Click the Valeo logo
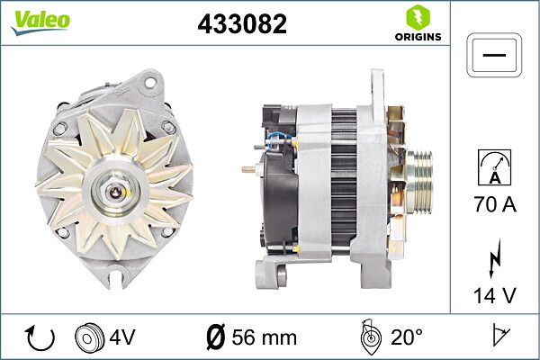pos(40,22)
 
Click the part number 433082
pos(242,23)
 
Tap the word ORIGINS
pos(418,37)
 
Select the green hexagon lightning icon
pos(418,17)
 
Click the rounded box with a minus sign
pos(494,55)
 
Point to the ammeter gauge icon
pos(494,167)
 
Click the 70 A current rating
pos(495,204)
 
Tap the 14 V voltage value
pos(495,295)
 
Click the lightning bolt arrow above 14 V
pos(494,258)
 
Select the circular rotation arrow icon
pos(40,337)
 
